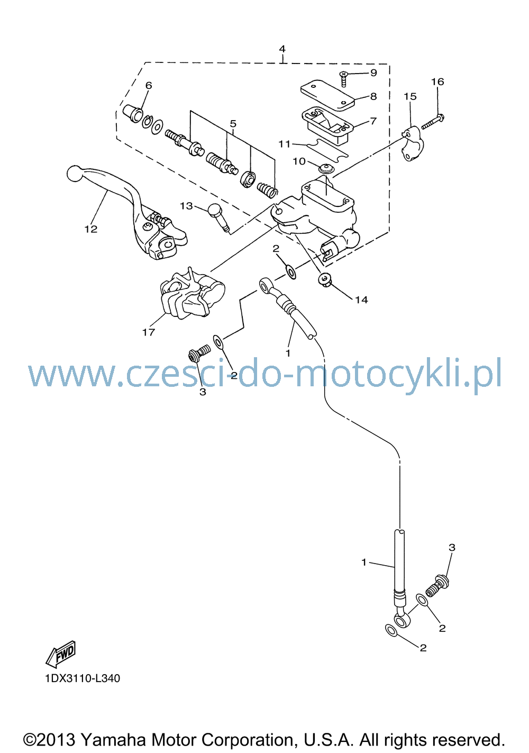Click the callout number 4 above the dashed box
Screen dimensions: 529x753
282,49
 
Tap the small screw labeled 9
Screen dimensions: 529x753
343,79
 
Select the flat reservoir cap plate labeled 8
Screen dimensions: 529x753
327,95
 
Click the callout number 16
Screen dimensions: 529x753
437,81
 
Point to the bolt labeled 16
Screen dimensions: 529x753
432,122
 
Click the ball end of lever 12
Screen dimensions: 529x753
75,174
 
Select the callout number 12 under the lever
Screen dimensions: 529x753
91,229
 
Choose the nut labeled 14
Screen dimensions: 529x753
325,280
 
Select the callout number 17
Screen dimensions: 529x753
149,332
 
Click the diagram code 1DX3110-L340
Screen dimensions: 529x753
83,678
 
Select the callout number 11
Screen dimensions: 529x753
284,144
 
